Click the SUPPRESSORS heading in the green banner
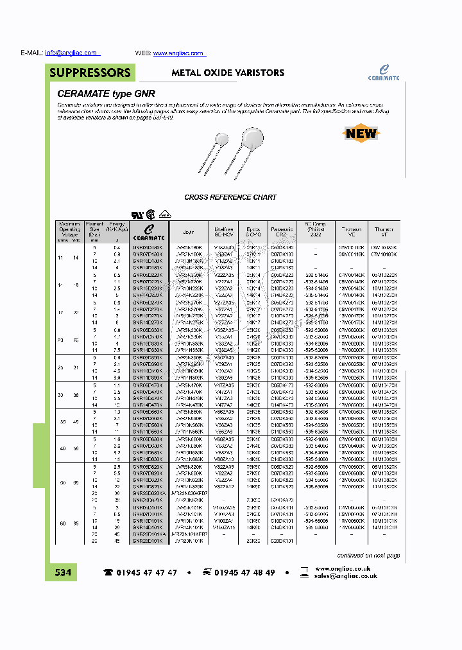(90, 73)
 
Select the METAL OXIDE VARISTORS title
(227, 73)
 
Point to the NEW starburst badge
(361, 134)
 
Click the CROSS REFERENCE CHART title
(230, 197)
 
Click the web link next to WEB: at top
(178, 53)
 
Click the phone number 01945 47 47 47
(146, 572)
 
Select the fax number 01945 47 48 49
(244, 572)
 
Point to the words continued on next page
(368, 556)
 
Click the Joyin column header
(188, 232)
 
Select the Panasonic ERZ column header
(282, 232)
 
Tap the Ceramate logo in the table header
(148, 233)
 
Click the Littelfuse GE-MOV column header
(224, 232)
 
